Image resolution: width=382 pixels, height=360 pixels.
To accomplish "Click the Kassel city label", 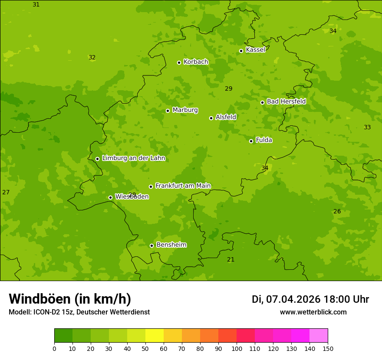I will (255, 50).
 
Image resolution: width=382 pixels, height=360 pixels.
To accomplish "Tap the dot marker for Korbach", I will (179, 62).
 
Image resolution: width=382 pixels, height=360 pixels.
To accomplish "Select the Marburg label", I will (185, 110).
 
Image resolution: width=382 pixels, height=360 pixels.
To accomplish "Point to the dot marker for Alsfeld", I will (211, 118).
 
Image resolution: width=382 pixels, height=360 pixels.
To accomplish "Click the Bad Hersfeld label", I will (286, 101).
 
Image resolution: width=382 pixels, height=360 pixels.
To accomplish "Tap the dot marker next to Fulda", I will (251, 141).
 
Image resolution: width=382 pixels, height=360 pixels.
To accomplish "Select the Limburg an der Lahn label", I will (133, 158).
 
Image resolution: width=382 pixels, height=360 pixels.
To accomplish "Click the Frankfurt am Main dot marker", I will (151, 187).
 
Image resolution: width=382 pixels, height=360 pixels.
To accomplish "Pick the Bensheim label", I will (171, 245).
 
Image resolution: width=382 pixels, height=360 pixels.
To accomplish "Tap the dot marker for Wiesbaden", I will (110, 197).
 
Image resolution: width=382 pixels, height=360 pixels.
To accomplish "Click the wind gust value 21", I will (231, 260).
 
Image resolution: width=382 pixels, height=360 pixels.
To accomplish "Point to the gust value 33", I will (367, 128).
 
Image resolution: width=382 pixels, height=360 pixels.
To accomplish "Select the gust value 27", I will (6, 193).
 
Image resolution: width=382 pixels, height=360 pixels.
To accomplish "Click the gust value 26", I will (337, 212).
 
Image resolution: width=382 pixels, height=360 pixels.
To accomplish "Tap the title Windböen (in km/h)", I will (70, 299).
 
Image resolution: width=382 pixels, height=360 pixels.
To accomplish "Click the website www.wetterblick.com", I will (313, 312).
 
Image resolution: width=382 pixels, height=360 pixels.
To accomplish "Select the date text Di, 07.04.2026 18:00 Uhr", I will (310, 299).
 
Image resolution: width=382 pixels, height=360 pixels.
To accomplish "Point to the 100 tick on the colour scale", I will (237, 348).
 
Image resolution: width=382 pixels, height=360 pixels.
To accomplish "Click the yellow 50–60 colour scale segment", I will (155, 336).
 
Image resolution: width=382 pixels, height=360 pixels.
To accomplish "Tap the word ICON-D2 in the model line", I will (46, 312).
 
